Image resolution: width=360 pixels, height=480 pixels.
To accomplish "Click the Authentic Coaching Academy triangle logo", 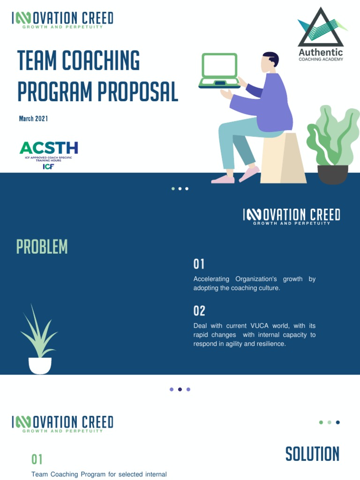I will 321,28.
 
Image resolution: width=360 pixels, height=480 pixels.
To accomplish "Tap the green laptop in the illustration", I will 219,70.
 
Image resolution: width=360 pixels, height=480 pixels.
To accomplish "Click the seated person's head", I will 270,62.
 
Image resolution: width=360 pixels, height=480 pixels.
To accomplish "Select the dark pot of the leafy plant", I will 333,174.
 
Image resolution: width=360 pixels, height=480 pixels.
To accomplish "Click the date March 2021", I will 33,119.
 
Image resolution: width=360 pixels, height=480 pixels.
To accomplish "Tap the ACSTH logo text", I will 49,148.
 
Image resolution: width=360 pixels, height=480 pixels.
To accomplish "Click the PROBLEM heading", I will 42,247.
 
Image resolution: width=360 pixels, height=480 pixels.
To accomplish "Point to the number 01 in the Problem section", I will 199,264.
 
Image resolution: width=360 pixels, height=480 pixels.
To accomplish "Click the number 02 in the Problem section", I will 199,311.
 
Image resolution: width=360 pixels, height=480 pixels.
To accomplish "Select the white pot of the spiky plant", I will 40,365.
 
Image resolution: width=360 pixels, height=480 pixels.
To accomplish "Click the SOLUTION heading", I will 312,454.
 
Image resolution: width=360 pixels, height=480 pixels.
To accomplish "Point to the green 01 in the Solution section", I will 37,459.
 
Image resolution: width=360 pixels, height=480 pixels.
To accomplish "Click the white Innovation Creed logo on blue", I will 292,216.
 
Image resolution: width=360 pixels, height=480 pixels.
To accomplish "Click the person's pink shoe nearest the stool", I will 249,174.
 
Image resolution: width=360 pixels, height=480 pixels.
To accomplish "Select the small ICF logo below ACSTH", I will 48,166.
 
